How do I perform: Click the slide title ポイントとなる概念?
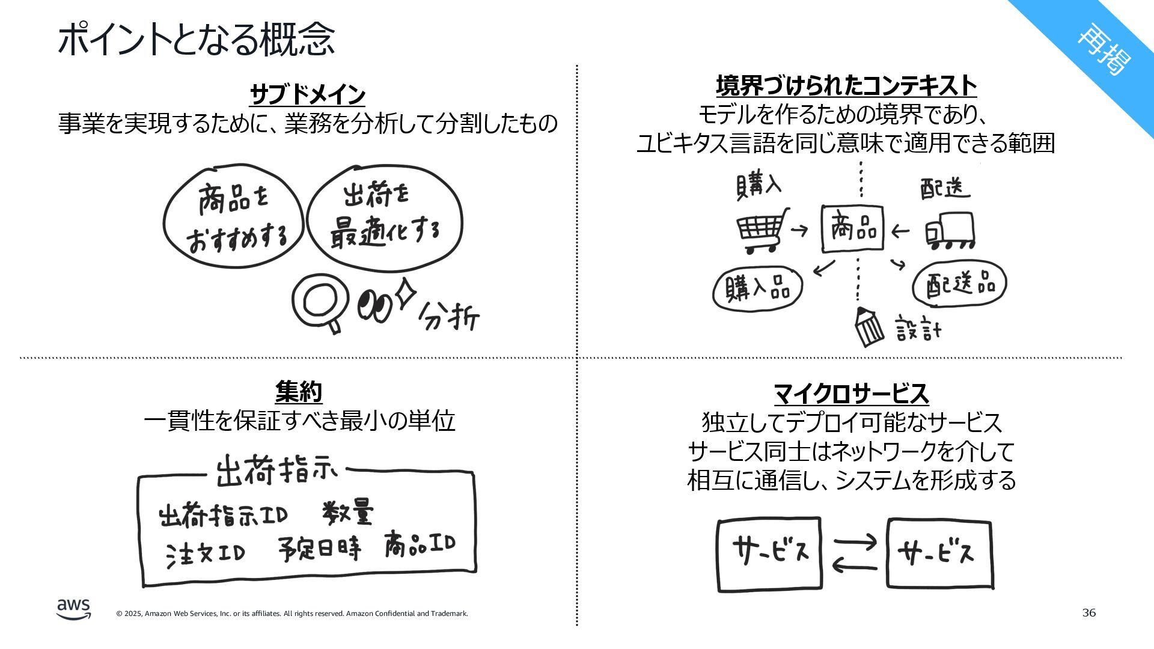point(196,39)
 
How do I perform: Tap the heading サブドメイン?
point(307,94)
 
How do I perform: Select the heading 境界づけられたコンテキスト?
point(846,87)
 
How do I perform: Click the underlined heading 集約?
point(299,392)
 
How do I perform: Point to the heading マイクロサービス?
point(850,394)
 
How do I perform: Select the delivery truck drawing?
point(950,231)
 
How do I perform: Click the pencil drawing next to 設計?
point(869,327)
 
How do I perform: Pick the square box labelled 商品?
point(852,229)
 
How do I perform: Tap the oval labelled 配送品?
point(959,284)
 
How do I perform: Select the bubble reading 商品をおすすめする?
point(233,216)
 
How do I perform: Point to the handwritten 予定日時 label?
point(320,549)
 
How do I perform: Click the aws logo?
point(74,609)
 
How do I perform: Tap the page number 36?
point(1088,613)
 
